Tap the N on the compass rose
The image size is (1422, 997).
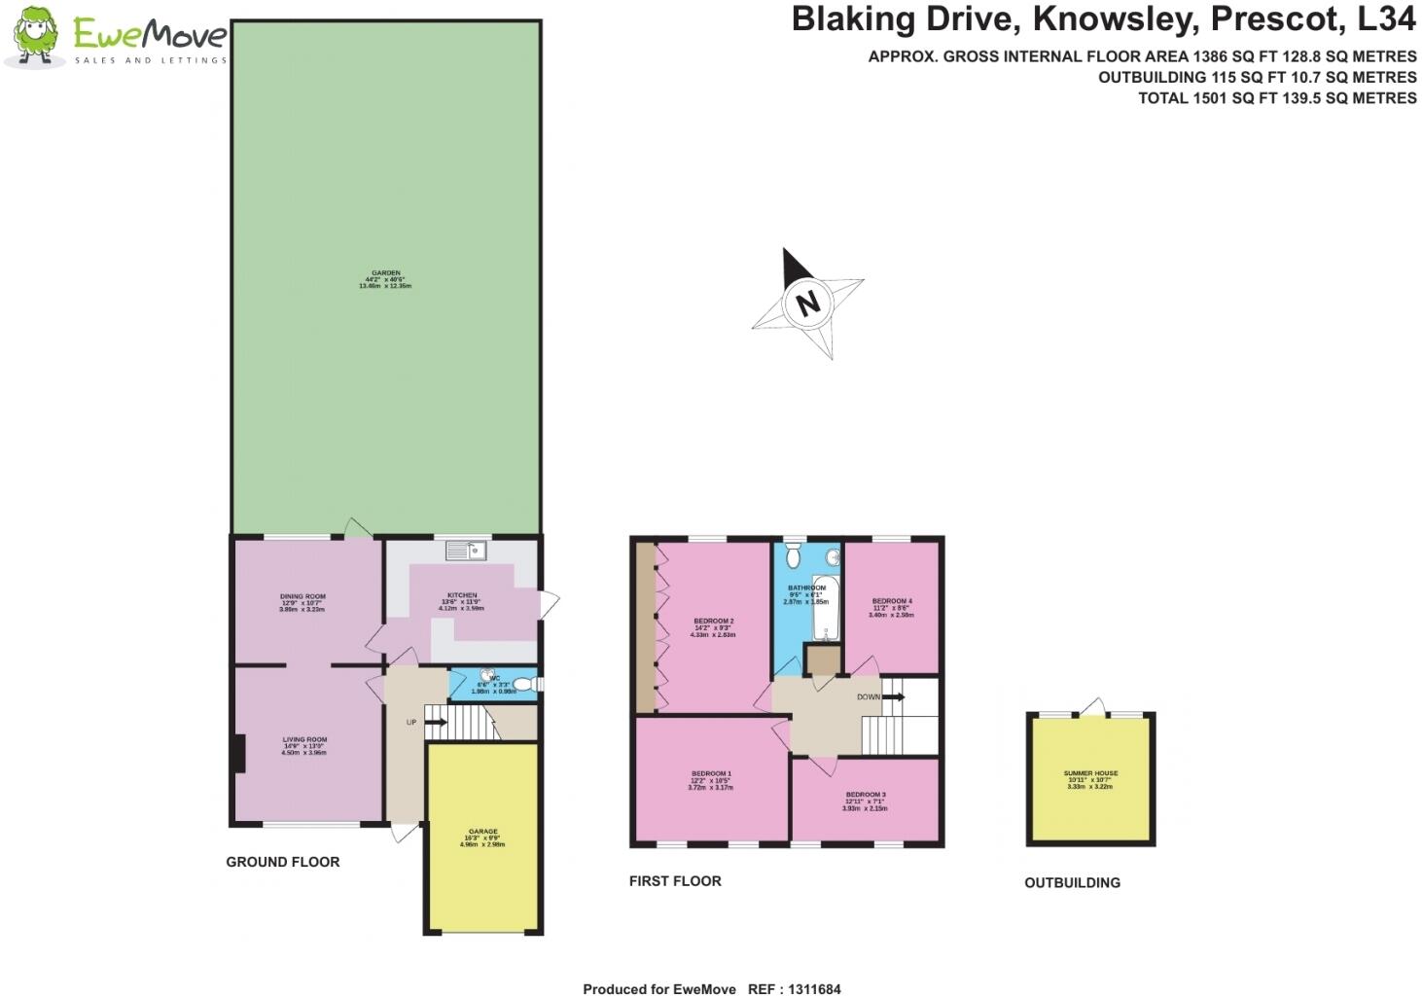pos(807,303)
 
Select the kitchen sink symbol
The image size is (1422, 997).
pos(466,552)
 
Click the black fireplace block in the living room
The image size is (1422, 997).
pos(239,753)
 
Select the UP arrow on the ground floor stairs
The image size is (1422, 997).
pos(435,722)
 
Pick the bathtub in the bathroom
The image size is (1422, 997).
pos(829,608)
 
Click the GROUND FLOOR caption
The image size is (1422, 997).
pos(283,862)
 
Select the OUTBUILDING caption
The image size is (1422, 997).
pos(1072,883)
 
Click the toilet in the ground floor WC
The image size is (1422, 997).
pos(524,684)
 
